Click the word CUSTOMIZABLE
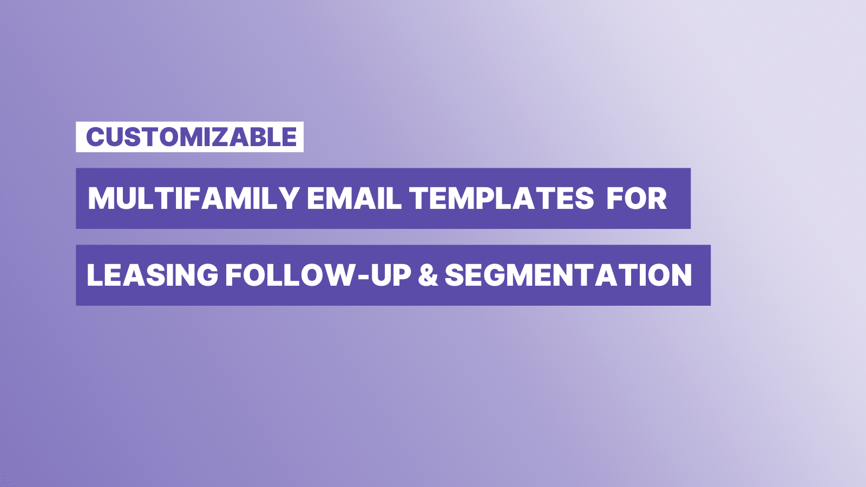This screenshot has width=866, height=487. (192, 137)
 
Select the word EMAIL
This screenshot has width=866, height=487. (354, 198)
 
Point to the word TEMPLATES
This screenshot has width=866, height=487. (501, 198)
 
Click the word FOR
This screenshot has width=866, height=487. (637, 198)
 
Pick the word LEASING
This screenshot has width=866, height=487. (152, 275)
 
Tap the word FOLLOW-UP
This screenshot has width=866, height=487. (318, 275)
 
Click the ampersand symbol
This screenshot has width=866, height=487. (428, 275)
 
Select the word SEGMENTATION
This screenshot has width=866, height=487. (568, 275)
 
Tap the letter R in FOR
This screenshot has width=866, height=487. (657, 198)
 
